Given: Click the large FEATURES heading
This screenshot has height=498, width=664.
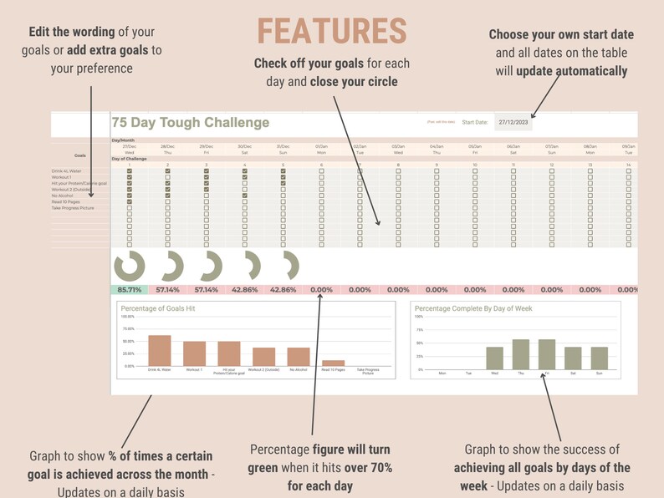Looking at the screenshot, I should click(332, 31).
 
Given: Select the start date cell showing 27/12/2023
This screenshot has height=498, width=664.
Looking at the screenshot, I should click(513, 122).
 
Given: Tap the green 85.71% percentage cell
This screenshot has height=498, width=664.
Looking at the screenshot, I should click(129, 289).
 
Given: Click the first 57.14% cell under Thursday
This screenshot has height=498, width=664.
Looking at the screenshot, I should click(167, 289).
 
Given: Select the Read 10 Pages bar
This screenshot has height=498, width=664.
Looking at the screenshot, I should click(333, 363).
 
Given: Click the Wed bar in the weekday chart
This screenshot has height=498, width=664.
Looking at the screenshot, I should click(494, 358).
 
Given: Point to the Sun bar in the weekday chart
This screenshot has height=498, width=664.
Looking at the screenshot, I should click(599, 358).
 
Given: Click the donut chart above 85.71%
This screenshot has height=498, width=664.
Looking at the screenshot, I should click(129, 267).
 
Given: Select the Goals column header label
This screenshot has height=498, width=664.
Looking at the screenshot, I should click(80, 155).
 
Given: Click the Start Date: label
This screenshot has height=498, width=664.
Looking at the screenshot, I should click(474, 122).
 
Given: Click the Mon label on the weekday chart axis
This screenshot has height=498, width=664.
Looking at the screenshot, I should click(442, 373).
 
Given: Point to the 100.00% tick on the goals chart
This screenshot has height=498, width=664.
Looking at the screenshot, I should click(128, 318).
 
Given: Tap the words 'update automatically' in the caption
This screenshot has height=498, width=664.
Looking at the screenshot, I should click(571, 70).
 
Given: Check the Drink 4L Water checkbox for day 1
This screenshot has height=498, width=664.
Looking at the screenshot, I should click(129, 171).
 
